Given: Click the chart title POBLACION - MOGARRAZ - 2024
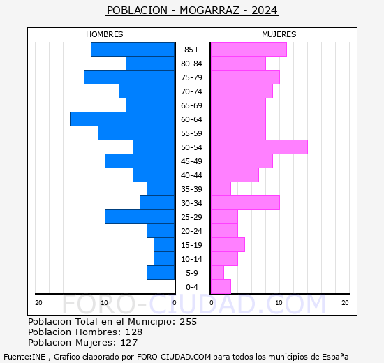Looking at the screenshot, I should pyautogui.click(x=192, y=10).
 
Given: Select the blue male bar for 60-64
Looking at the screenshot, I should pyautogui.click(x=122, y=119).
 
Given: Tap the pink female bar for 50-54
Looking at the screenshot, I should pyautogui.click(x=258, y=147).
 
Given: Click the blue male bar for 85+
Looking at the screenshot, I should pyautogui.click(x=133, y=50).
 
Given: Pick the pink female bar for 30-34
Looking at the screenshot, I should pyautogui.click(x=244, y=203).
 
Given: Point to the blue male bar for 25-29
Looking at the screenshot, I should pyautogui.click(x=140, y=217).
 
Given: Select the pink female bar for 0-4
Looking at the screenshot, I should pyautogui.click(x=220, y=287).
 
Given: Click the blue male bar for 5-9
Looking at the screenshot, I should pyautogui.click(x=161, y=273).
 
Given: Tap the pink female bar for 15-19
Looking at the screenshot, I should pyautogui.click(x=227, y=245).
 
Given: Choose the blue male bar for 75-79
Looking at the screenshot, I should pyautogui.click(x=129, y=77).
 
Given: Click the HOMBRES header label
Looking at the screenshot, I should pyautogui.click(x=105, y=34).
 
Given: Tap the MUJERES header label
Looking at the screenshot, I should pyautogui.click(x=279, y=34).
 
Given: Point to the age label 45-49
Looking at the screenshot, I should pyautogui.click(x=192, y=161).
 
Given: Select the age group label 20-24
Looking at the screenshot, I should pyautogui.click(x=192, y=231).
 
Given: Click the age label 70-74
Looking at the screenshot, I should pyautogui.click(x=192, y=91).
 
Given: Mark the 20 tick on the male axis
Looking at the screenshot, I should pyautogui.click(x=39, y=302).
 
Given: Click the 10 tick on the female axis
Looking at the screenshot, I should pyautogui.click(x=279, y=302).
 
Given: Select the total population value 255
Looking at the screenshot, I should pyautogui.click(x=188, y=322).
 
